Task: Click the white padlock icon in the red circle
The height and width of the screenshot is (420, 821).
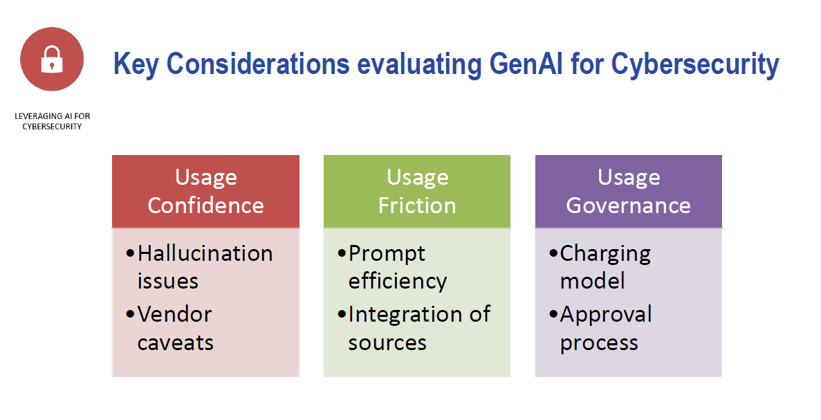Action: [52, 59]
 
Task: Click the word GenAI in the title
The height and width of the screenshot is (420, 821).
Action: [527, 64]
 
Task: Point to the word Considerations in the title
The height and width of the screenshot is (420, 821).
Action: [258, 64]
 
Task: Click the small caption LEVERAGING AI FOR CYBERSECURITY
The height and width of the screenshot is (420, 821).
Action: [53, 121]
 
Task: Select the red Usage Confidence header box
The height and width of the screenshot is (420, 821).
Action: [206, 191]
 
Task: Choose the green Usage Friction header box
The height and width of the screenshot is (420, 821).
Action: [417, 191]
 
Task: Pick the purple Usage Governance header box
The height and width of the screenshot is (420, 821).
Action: [628, 191]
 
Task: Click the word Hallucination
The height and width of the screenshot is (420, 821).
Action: [205, 253]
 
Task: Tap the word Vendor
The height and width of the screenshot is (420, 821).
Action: [175, 314]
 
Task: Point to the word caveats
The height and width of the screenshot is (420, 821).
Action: [176, 343]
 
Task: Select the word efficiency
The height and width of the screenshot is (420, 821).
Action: [398, 282]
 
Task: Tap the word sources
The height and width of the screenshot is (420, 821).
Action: [387, 343]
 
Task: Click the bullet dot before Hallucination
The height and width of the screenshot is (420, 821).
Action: [130, 254]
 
